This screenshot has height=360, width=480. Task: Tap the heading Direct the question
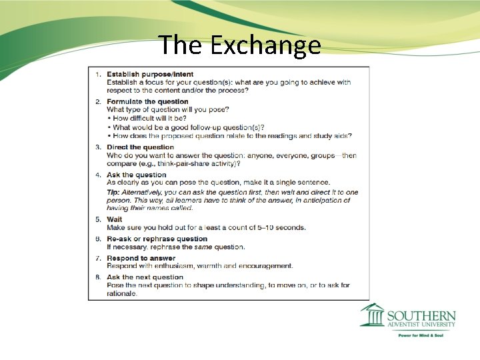point(140,147)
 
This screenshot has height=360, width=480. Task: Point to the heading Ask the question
point(136,175)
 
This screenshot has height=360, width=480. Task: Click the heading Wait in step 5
point(114,219)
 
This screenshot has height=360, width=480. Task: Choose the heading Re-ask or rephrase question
point(157,239)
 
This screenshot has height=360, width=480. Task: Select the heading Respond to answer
point(141,258)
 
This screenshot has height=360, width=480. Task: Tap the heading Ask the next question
point(145,277)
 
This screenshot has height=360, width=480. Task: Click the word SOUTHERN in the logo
point(421,315)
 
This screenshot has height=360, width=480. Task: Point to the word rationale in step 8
point(121,293)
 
